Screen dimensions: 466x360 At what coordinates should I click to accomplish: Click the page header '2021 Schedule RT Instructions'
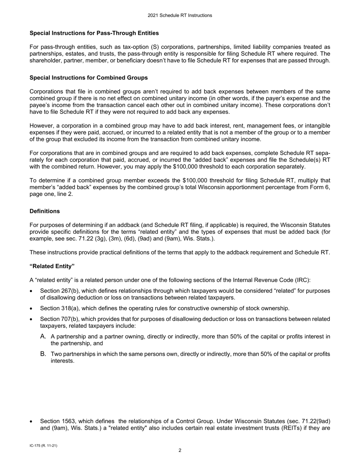[x=180, y=16]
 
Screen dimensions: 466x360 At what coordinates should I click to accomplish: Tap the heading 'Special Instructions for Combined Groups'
[x=89, y=78]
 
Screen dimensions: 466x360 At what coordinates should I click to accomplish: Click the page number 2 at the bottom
[x=180, y=450]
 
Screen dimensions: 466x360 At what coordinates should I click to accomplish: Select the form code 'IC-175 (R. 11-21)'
[x=44, y=446]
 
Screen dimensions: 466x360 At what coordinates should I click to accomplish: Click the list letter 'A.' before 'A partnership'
[x=43, y=336]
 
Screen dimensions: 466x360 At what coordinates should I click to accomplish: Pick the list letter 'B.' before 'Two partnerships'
[x=43, y=354]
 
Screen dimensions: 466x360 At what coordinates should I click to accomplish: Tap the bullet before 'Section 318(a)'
[x=31, y=308]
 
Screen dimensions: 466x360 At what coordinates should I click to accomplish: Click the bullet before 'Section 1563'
[x=31, y=422]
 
